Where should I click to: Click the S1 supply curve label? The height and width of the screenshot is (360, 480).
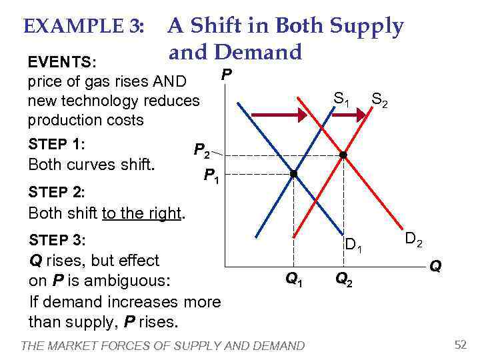(341, 99)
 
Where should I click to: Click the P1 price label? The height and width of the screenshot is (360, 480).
(212, 177)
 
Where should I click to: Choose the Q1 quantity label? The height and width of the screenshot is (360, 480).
(293, 279)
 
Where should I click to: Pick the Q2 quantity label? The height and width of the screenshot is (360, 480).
(343, 279)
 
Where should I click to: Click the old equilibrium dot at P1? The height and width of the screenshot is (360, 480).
(293, 174)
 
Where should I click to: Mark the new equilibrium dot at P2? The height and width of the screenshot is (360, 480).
(343, 155)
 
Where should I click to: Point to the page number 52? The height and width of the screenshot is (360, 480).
(460, 344)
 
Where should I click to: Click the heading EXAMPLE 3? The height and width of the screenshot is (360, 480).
(83, 27)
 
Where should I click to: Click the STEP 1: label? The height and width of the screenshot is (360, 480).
(57, 144)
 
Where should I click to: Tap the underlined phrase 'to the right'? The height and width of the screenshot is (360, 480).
(141, 213)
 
